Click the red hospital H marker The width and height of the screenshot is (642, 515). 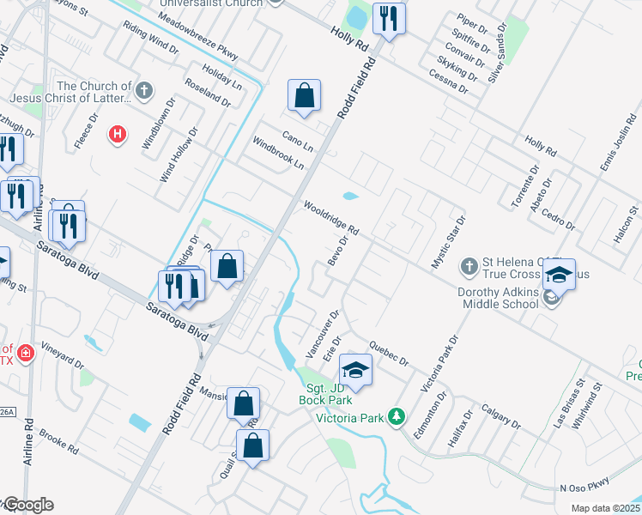(x=118, y=134)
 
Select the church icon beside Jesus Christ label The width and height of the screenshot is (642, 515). (x=144, y=89)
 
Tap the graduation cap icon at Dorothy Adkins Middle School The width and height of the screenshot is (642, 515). (x=558, y=276)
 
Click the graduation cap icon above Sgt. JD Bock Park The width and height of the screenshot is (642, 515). (x=355, y=370)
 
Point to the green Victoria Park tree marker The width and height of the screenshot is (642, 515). (x=396, y=417)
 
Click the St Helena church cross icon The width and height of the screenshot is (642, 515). (x=469, y=267)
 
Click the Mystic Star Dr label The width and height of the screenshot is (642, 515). (x=447, y=243)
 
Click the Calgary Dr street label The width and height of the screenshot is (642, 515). (x=500, y=416)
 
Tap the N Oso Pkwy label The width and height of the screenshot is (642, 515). (x=584, y=488)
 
